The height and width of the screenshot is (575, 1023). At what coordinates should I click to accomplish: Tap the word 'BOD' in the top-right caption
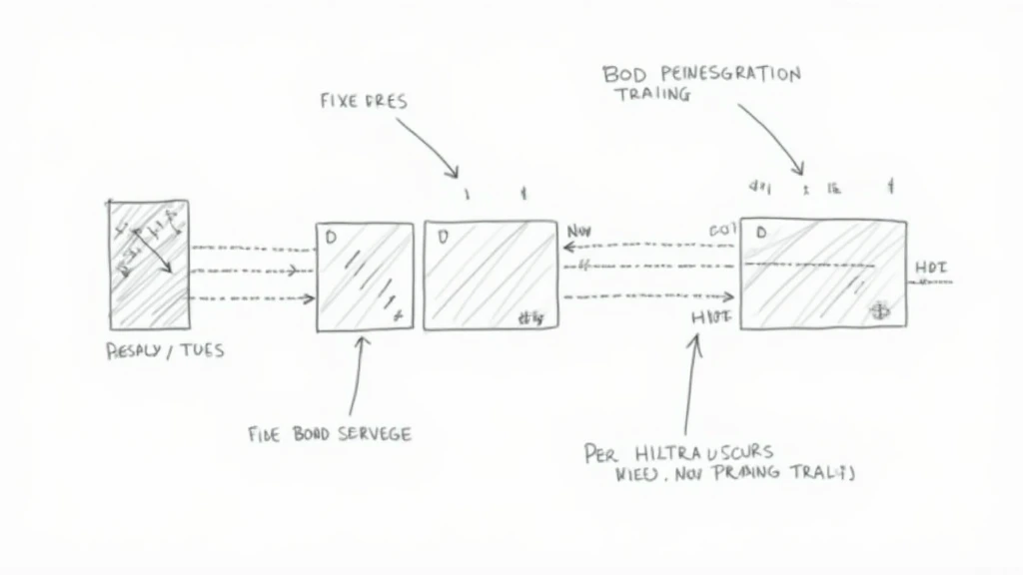(x=624, y=74)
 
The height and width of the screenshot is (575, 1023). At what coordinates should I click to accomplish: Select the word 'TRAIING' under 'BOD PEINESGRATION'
(x=652, y=95)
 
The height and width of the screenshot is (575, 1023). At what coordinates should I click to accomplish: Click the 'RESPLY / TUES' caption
(x=165, y=350)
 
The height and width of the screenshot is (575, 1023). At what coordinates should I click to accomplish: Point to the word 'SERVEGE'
(x=371, y=433)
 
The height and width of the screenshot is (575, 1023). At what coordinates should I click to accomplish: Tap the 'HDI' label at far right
(x=931, y=268)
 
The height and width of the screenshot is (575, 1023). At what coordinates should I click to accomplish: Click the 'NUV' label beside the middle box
(x=579, y=232)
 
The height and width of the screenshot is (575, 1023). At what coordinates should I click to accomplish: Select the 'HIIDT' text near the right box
(x=711, y=317)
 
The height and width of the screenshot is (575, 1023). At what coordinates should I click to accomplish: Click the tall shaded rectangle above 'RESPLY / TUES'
(x=149, y=265)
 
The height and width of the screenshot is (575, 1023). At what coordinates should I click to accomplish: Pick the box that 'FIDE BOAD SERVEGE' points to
(x=365, y=276)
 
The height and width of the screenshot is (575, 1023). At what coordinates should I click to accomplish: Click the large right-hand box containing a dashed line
(x=823, y=273)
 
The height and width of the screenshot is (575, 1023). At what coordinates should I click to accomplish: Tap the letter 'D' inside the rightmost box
(x=761, y=233)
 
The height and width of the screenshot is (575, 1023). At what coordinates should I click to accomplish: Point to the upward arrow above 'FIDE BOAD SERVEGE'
(x=357, y=374)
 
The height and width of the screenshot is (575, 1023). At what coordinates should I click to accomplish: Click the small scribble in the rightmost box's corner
(x=881, y=309)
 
